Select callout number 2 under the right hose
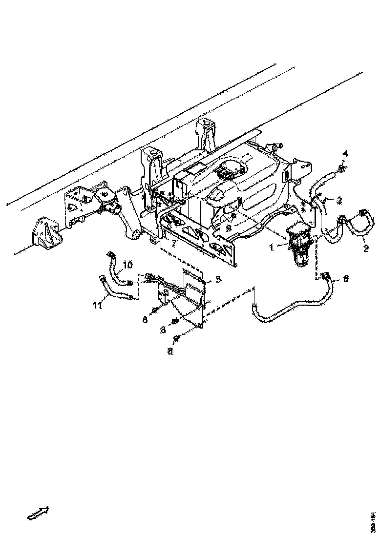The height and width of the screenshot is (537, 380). (x=365, y=248)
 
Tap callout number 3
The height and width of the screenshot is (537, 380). (x=339, y=200)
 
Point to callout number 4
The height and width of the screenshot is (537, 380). (x=345, y=155)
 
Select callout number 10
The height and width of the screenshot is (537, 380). (x=127, y=265)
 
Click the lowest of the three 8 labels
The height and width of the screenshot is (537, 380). (x=170, y=351)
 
